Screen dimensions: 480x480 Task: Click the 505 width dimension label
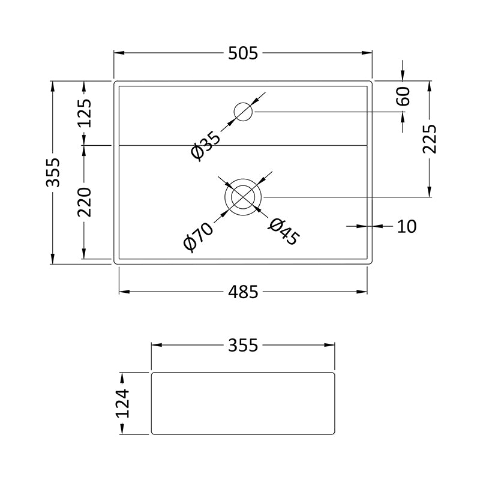(x=243, y=53)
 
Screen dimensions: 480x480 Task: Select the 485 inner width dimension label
(x=243, y=292)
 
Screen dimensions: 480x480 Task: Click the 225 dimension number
(x=430, y=139)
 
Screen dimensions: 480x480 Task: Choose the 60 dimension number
(x=403, y=97)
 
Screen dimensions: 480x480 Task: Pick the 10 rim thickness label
(x=407, y=227)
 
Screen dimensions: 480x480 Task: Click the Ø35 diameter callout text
(x=205, y=146)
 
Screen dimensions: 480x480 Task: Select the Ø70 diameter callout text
(x=198, y=236)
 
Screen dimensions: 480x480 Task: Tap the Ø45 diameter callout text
(x=284, y=232)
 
